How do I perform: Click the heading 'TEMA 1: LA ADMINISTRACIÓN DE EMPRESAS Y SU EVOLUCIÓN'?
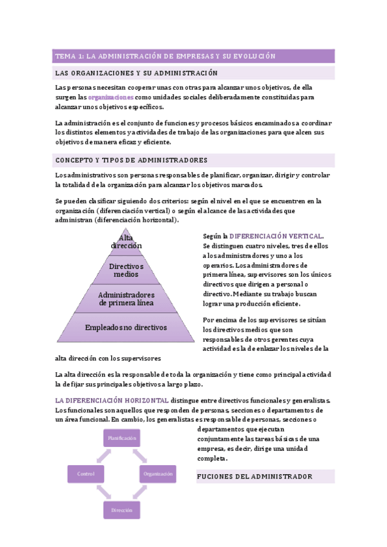[165, 56]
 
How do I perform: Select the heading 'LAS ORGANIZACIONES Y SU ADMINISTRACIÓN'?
[136, 73]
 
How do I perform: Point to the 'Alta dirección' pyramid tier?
[126, 242]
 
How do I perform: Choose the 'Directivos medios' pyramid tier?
[126, 270]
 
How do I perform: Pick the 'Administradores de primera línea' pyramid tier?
[126, 298]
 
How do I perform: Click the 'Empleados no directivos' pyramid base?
[126, 328]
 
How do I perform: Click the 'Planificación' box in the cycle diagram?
[122, 438]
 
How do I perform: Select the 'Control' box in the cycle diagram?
[86, 474]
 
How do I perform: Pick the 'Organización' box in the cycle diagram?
[158, 474]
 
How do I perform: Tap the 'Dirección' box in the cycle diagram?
[122, 510]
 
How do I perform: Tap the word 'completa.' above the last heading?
[211, 459]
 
